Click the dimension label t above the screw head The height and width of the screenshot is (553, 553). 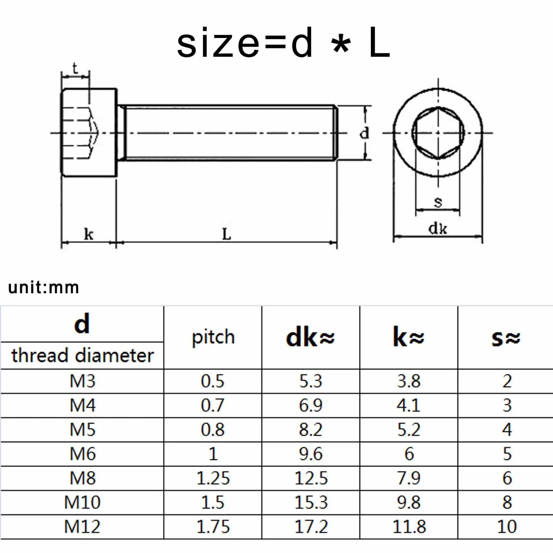75,68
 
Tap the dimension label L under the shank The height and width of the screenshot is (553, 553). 226,234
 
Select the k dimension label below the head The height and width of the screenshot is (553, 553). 88,234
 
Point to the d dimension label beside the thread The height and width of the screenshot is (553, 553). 364,133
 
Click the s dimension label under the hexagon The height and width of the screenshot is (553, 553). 438,201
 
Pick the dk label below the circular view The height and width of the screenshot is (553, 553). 438,228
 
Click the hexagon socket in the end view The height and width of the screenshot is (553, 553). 438,133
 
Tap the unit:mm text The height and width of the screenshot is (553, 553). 44,288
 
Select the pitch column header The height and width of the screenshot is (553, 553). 213,337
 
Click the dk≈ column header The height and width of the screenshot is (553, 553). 310,338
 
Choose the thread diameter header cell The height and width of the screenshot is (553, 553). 82,356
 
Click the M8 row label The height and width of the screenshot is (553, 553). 82,478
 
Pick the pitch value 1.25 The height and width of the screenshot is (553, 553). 213,478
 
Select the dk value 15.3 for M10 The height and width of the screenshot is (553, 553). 311,502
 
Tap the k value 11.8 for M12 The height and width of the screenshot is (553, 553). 409,527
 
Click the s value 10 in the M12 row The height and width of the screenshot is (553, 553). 507,527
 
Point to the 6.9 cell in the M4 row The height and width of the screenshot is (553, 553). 311,405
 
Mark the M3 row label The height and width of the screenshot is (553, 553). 82,381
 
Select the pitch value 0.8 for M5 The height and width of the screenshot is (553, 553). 213,430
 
